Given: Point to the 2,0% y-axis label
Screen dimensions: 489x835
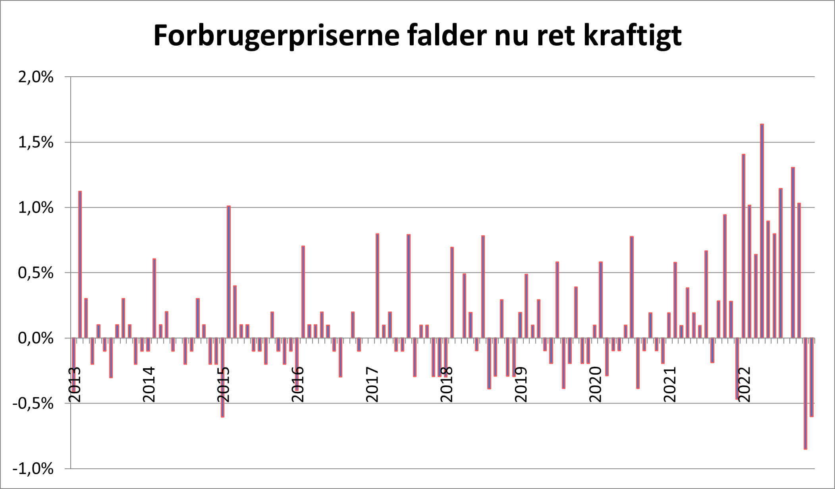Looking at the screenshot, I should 36,77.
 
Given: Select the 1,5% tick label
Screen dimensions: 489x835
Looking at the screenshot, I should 36,142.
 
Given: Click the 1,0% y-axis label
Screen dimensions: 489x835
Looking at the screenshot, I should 36,207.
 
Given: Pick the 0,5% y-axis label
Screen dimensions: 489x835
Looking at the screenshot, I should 36,273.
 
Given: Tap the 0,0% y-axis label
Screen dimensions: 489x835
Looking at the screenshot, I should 36,338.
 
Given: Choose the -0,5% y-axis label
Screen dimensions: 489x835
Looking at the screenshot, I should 33,404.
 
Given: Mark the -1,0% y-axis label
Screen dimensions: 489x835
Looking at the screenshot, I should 33,469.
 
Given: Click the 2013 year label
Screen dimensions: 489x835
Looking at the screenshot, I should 75,385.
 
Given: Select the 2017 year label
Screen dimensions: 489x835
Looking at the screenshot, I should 372,385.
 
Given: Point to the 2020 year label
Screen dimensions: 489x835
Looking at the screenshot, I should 596,385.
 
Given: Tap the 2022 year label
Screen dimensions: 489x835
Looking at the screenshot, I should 744,385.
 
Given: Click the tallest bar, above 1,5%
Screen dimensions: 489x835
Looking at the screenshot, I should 762,230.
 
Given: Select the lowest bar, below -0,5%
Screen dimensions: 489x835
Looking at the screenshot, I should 805,393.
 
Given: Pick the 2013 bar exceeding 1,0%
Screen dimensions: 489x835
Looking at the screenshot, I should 80,264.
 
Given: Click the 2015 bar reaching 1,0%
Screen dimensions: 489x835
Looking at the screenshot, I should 229,272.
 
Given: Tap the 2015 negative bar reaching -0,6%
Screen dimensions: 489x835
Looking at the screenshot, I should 222,377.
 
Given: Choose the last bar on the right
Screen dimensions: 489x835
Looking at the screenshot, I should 812,377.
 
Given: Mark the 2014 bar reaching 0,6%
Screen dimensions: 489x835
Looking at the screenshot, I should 154,298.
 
